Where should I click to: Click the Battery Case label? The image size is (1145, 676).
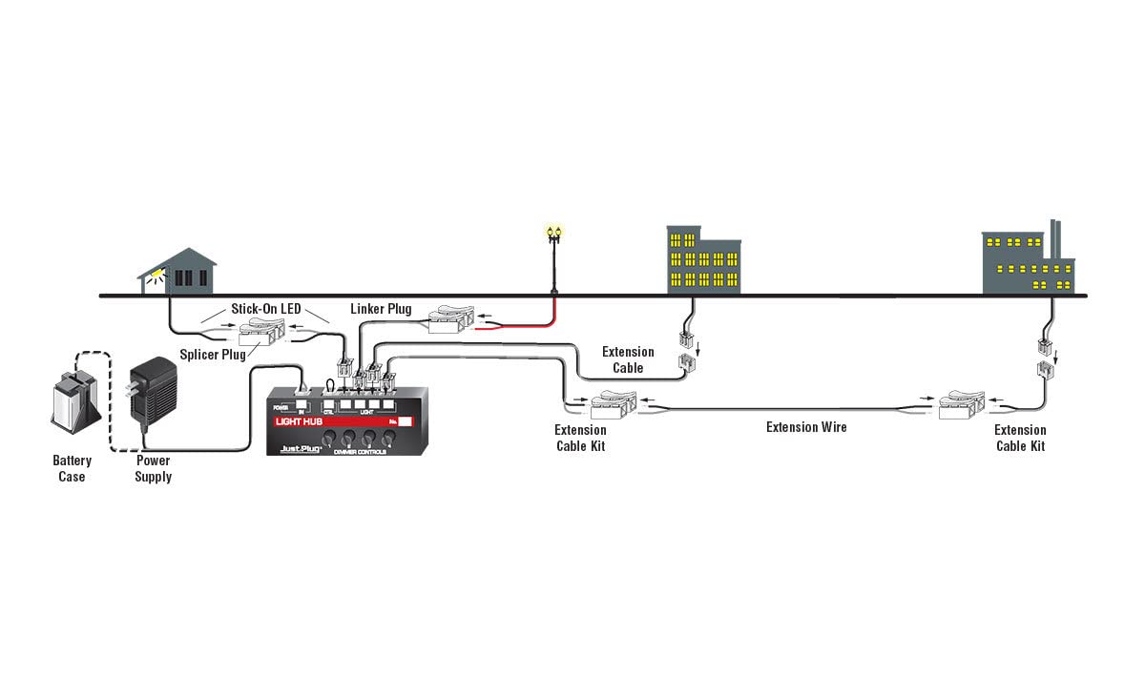tap(72, 468)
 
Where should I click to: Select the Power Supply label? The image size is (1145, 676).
tap(153, 468)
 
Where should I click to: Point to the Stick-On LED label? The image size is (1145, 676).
tap(266, 309)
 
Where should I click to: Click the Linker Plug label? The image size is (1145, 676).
tap(381, 309)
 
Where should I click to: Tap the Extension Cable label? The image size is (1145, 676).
tap(628, 359)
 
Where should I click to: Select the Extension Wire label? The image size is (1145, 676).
tap(806, 427)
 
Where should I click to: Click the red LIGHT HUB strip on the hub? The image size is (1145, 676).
tap(334, 420)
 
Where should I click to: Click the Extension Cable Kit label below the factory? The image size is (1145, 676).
tap(1020, 438)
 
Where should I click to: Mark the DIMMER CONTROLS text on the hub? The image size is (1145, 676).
tap(360, 451)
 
